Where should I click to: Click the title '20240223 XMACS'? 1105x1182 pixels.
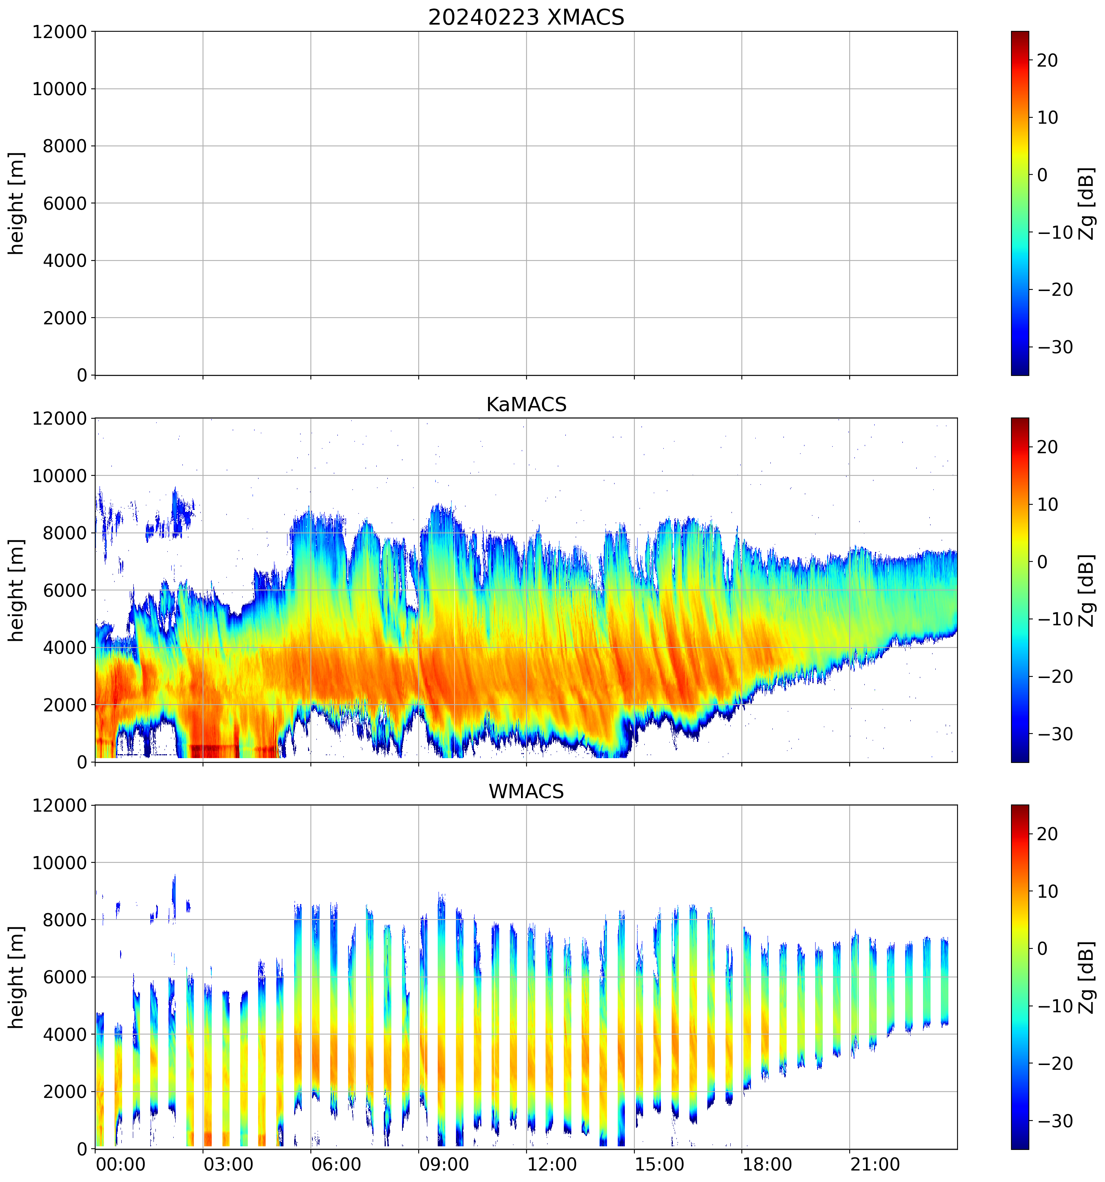(x=526, y=17)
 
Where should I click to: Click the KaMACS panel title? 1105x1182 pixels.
(x=526, y=404)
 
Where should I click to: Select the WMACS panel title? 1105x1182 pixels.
(x=526, y=791)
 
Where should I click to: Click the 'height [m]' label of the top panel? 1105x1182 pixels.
(x=17, y=203)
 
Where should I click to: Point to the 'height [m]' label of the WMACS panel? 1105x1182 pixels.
(x=17, y=977)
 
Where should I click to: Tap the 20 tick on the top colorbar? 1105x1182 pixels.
(x=1048, y=61)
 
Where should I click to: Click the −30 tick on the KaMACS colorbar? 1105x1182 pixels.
(x=1055, y=734)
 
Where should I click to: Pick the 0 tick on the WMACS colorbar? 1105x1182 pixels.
(x=1042, y=948)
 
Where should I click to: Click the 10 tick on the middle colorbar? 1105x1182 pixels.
(x=1048, y=505)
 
